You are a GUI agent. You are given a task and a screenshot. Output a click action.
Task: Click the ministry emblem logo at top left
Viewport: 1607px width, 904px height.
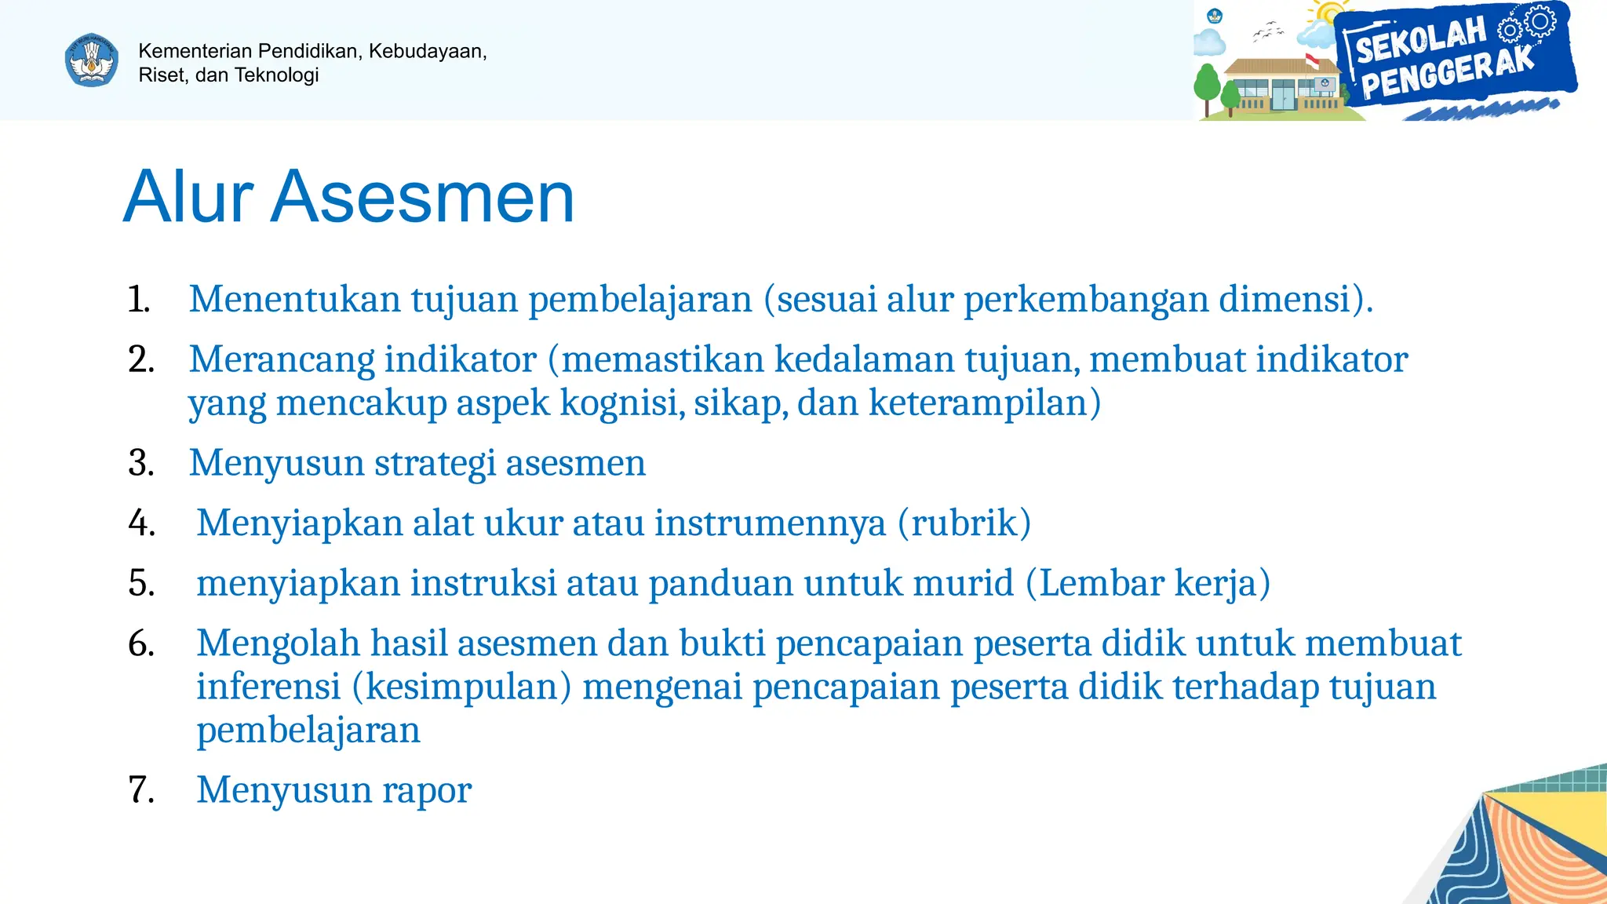[x=92, y=60]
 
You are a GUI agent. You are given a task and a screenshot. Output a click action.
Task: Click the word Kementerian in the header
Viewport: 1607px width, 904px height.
[x=195, y=51]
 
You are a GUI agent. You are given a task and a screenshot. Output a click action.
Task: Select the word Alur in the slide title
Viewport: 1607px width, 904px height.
[x=188, y=197]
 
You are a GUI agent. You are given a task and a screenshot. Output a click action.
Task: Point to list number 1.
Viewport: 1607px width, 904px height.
[x=139, y=300]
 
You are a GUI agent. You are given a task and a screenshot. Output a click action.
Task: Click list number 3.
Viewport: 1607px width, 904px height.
[x=140, y=463]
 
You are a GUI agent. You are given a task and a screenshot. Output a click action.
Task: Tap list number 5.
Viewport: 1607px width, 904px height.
[x=141, y=584]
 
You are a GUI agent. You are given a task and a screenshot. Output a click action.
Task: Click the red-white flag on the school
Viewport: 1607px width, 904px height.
[x=1311, y=61]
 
